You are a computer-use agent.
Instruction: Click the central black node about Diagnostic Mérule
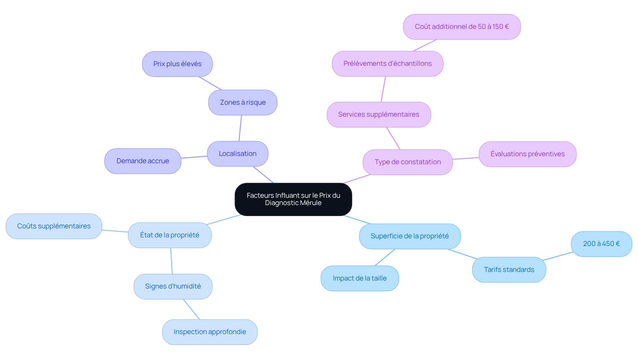pos(293,199)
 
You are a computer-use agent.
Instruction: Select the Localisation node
pos(238,154)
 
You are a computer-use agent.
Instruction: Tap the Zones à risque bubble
pos(243,102)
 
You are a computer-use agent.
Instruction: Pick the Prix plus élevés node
pos(177,64)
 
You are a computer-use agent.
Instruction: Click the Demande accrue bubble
pos(143,161)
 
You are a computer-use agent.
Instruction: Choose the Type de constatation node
pos(408,162)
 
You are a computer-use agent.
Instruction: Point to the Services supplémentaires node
pos(379,114)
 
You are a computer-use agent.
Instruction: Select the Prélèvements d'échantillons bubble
pos(387,63)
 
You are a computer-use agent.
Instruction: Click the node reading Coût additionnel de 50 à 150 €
pos(462,27)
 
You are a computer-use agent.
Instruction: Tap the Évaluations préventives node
pos(528,154)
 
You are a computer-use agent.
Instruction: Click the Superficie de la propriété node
pos(410,236)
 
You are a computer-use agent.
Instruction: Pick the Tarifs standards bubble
pos(509,270)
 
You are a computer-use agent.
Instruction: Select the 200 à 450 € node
pos(601,244)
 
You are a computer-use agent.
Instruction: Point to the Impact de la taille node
pos(360,278)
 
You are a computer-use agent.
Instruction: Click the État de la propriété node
pos(170,235)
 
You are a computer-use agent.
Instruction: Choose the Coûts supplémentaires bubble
pos(54,226)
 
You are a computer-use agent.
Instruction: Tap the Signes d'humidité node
pos(173,286)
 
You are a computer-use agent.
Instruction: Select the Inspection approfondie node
pos(210,332)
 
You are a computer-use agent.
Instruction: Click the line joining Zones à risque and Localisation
pos(240,128)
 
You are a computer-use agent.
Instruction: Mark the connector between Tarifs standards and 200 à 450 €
pos(558,256)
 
